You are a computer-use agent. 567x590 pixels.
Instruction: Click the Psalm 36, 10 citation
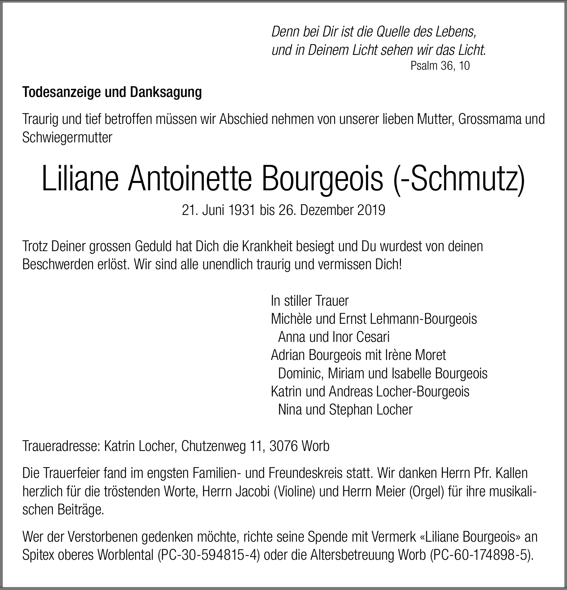[x=440, y=66]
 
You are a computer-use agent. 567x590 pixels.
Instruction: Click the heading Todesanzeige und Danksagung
[x=112, y=93]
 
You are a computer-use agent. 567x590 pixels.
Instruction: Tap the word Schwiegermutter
[x=67, y=137]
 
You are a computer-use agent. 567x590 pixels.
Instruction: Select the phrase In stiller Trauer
[x=309, y=300]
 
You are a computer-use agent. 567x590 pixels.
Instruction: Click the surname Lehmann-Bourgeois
[x=423, y=319]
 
